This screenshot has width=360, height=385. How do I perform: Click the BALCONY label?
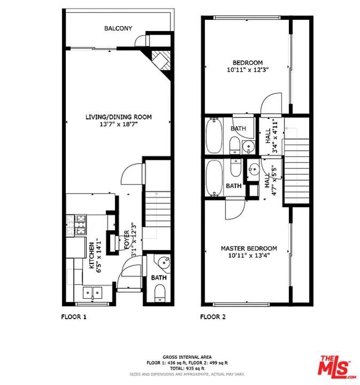pyautogui.click(x=118, y=28)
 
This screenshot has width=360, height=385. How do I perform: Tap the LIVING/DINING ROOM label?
pyautogui.click(x=119, y=117)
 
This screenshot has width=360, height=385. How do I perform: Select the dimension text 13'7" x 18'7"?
pyautogui.click(x=119, y=124)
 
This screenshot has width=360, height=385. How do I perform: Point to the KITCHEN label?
pyautogui.click(x=91, y=256)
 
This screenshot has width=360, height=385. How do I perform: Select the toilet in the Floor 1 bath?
pyautogui.click(x=160, y=293)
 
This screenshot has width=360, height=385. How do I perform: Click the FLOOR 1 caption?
pyautogui.click(x=74, y=317)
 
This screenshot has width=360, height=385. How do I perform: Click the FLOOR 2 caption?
pyautogui.click(x=213, y=317)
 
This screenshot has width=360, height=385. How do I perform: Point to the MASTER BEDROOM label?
pyautogui.click(x=249, y=249)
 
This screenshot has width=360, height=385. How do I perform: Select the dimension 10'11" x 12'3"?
pyautogui.click(x=248, y=70)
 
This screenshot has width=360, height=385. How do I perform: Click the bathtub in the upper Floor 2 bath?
pyautogui.click(x=214, y=135)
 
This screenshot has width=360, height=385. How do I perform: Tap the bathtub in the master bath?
pyautogui.click(x=214, y=178)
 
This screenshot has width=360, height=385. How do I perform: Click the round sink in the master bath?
pyautogui.click(x=254, y=169)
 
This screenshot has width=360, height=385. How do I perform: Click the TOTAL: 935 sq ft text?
pyautogui.click(x=187, y=368)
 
